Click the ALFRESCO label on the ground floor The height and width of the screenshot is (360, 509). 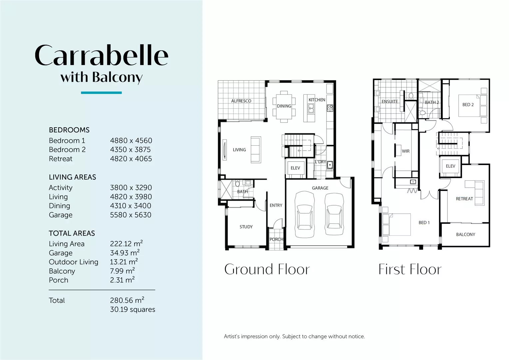[241, 101]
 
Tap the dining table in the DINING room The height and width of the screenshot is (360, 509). [284, 106]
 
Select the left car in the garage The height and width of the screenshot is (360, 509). [305, 214]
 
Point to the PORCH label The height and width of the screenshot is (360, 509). [276, 239]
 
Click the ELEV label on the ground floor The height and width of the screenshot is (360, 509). [295, 168]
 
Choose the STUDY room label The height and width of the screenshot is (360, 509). [246, 227]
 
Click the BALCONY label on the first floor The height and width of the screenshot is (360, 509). [466, 234]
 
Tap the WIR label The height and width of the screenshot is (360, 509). [406, 151]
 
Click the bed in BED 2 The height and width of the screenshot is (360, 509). [473, 106]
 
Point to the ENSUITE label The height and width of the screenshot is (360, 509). [390, 101]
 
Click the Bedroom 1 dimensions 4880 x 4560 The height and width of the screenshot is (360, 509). [131, 141]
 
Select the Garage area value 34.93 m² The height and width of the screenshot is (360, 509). [125, 252]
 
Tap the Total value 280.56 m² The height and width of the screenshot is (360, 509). [127, 300]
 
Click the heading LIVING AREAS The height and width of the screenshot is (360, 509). [73, 177]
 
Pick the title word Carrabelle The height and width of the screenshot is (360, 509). [101, 55]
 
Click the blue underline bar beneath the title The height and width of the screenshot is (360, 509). [101, 93]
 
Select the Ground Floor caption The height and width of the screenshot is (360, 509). [267, 269]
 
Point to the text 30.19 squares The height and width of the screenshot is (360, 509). [133, 309]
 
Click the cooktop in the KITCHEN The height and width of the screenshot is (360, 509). [330, 108]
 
